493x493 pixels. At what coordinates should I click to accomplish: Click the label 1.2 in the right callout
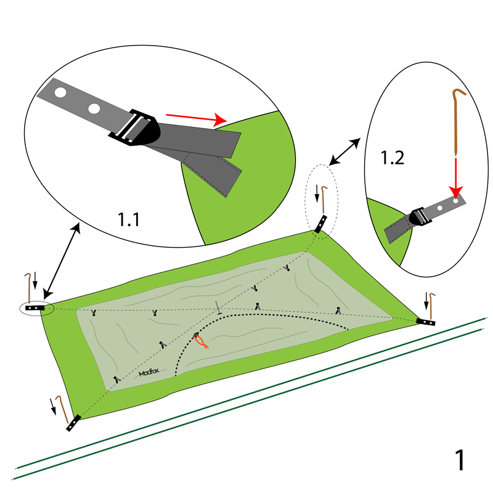[392, 158]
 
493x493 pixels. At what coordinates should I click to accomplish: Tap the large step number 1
[459, 461]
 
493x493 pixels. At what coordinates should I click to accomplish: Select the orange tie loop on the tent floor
[200, 341]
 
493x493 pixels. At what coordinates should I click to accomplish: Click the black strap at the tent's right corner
[426, 322]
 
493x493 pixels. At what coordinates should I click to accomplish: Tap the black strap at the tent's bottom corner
[73, 423]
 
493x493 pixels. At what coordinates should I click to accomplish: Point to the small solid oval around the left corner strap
[36, 308]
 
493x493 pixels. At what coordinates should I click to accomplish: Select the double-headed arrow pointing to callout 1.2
[345, 152]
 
